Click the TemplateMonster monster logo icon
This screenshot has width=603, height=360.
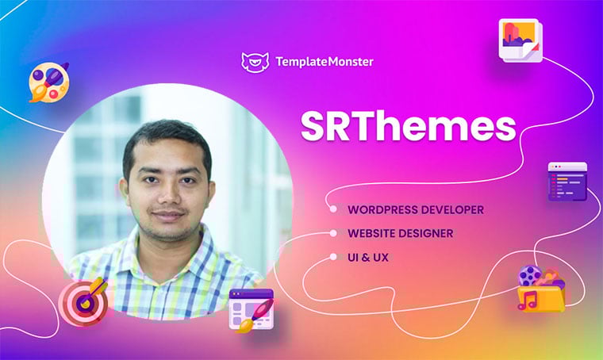pos(255,62)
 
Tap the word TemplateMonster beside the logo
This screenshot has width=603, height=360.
pos(325,62)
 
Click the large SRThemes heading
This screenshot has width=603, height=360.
pos(408,126)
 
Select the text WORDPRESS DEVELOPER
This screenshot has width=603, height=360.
pos(416,210)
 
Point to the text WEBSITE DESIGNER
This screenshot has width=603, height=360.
pos(401,233)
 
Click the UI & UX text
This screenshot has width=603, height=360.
pos(368,258)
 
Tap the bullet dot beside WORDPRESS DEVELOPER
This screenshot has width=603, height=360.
pos(333,209)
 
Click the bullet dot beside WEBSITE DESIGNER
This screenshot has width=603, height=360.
pos(333,233)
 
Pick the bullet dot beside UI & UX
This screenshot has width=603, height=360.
pos(333,257)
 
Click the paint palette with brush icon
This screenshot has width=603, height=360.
pos(49,82)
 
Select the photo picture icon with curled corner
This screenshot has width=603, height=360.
pos(520,40)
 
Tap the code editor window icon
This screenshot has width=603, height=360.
pos(567,182)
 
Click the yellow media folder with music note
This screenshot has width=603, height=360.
pos(541,289)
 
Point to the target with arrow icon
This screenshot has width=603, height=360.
pos(84,301)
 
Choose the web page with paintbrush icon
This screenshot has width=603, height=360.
pos(252,310)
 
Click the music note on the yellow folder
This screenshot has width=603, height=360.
pos(528,301)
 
